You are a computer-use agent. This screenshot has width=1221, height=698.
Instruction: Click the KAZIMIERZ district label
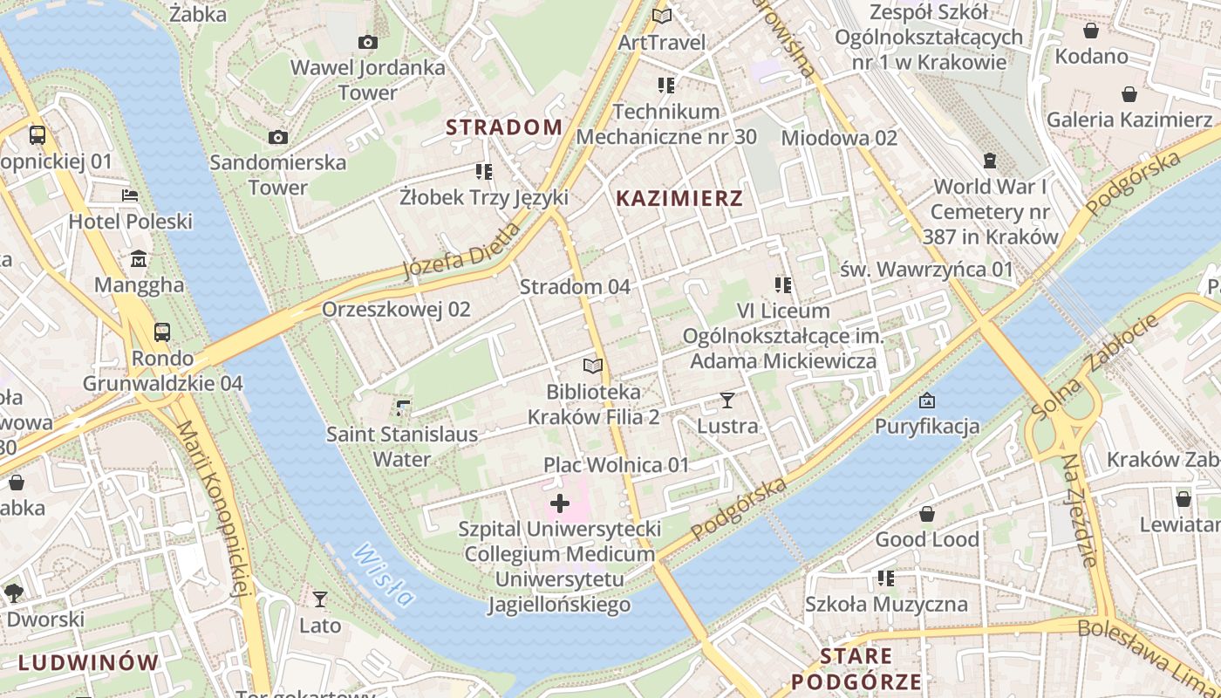tap(679, 199)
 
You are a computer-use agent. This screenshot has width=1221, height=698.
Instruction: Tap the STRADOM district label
tap(504, 127)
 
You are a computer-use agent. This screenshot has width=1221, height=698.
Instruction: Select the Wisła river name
tap(383, 575)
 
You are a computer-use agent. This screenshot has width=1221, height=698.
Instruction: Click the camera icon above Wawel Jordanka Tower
tap(367, 42)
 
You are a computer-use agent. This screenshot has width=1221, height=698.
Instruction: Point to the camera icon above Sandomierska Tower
tap(278, 137)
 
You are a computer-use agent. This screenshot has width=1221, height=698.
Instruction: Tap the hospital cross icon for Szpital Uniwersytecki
tap(560, 503)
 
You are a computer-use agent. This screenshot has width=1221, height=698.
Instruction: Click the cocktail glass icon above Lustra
tap(727, 400)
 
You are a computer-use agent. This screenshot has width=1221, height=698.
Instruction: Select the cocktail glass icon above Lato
tap(320, 599)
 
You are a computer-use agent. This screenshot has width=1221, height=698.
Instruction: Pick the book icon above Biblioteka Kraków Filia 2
tap(593, 366)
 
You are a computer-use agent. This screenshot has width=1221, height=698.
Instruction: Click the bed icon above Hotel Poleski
tap(130, 195)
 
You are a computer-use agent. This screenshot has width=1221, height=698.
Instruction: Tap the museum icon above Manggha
tap(139, 259)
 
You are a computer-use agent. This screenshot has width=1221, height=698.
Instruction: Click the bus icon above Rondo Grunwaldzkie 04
tap(162, 332)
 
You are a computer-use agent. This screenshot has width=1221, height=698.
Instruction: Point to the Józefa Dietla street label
tap(461, 251)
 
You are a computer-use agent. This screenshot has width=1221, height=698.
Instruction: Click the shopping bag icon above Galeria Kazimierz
tap(1129, 94)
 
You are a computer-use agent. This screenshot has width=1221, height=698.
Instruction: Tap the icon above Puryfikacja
tap(927, 400)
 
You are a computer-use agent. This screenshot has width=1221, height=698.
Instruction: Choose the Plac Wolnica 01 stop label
tap(616, 465)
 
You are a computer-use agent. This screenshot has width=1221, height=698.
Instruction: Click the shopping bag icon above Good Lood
tap(927, 514)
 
